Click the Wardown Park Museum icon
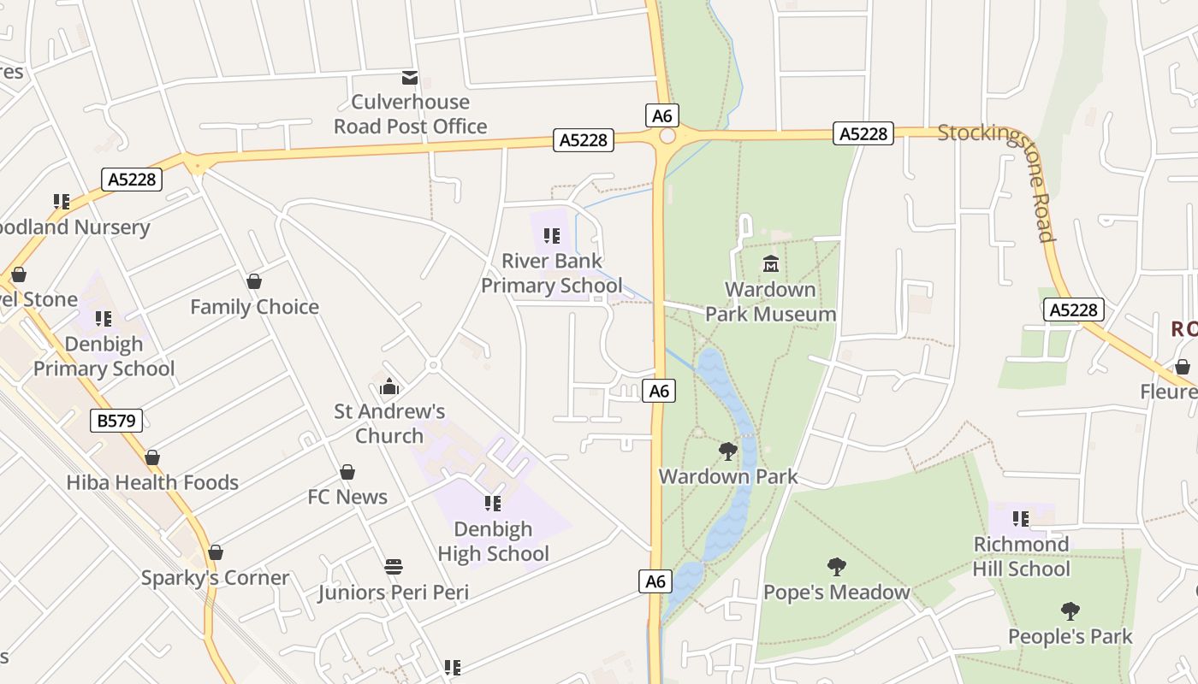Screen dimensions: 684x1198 pyautogui.click(x=770, y=263)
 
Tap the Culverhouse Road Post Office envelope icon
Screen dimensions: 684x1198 pyautogui.click(x=410, y=78)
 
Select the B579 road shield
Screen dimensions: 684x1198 pyautogui.click(x=116, y=420)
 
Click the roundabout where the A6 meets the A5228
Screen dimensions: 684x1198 pyautogui.click(x=667, y=136)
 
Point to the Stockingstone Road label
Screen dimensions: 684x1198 pyautogui.click(x=997, y=175)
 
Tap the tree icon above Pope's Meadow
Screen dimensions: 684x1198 pyautogui.click(x=836, y=566)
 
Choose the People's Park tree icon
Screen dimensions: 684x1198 pyautogui.click(x=1070, y=610)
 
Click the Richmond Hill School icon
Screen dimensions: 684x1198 pyautogui.click(x=1020, y=518)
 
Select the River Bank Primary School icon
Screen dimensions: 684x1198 pyautogui.click(x=552, y=235)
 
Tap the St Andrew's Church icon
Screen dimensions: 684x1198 pyautogui.click(x=389, y=387)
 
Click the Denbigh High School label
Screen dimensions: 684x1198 pyautogui.click(x=493, y=541)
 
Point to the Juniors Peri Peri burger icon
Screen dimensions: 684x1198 pyautogui.click(x=394, y=566)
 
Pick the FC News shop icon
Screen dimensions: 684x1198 pyautogui.click(x=347, y=472)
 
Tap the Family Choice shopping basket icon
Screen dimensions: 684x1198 pyautogui.click(x=254, y=281)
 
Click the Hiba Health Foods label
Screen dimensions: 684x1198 pyautogui.click(x=152, y=482)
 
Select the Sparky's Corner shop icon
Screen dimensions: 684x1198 pyautogui.click(x=216, y=552)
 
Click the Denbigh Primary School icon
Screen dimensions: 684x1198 pyautogui.click(x=104, y=319)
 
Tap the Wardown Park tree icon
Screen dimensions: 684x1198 pyautogui.click(x=727, y=451)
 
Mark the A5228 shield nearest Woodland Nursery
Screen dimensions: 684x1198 pyautogui.click(x=132, y=180)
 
